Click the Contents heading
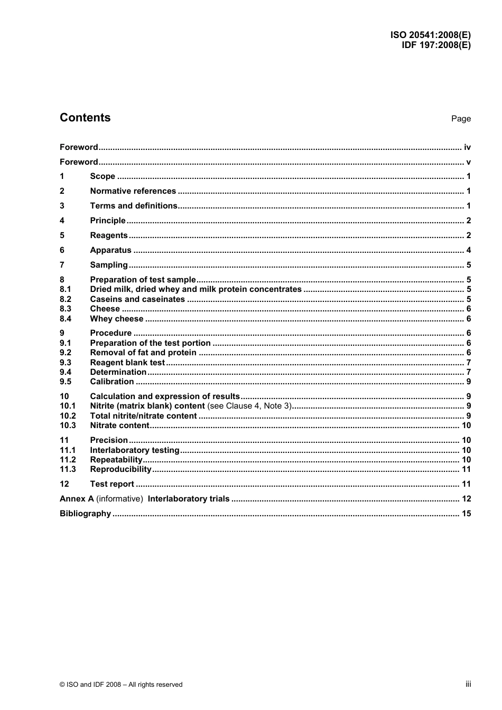tap(85, 118)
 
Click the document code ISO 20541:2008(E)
tap(430, 35)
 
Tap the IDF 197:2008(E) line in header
tap(436, 45)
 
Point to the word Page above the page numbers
tap(461, 119)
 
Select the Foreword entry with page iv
tap(79, 147)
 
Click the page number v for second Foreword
tap(468, 162)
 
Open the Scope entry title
tap(103, 176)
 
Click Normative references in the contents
tap(133, 191)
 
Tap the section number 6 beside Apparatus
tap(62, 250)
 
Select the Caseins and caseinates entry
tap(137, 299)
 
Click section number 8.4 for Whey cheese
tap(66, 319)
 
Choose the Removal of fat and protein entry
tap(143, 353)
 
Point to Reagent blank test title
tap(127, 363)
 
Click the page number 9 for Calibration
tap(468, 382)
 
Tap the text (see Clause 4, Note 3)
tap(249, 406)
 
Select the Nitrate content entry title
tap(119, 425)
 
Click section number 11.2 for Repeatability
tap(68, 460)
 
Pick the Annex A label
tap(77, 499)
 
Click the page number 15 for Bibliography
tap(466, 514)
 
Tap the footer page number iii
tap(468, 684)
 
